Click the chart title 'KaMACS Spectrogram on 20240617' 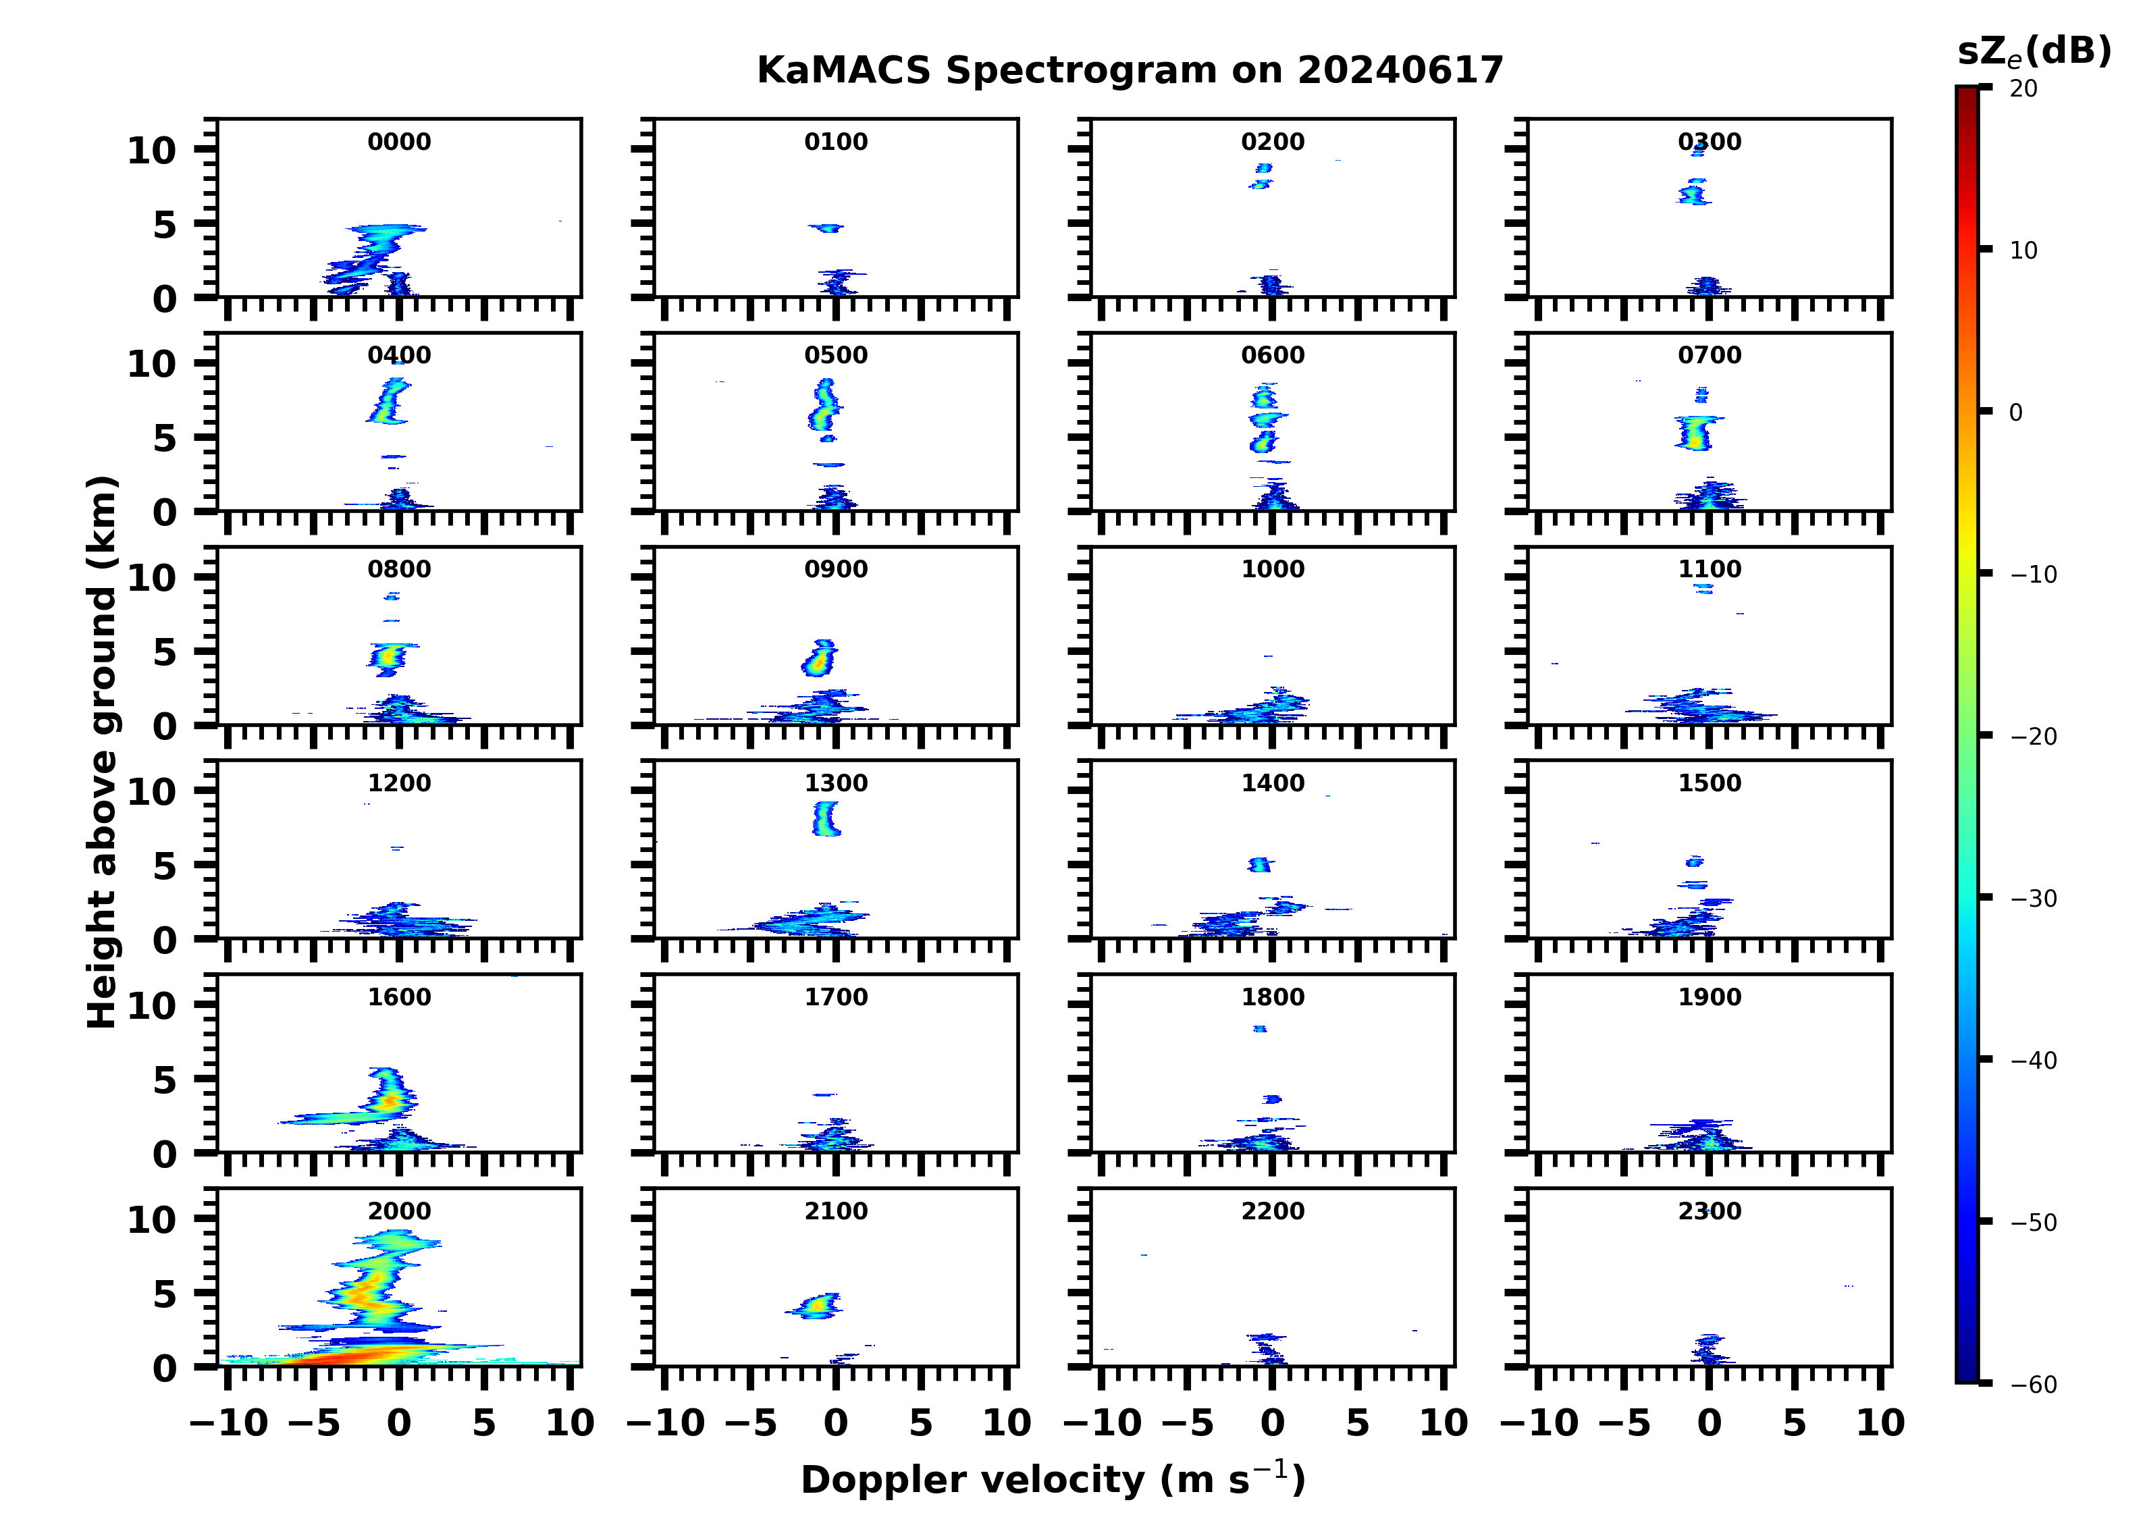click(1130, 71)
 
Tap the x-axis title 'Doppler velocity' click(1053, 1479)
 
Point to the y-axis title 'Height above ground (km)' click(102, 752)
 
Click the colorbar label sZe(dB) click(2034, 52)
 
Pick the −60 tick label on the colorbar click(2034, 1385)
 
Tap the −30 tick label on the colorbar click(2034, 899)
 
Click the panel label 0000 click(399, 142)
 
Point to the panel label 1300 click(836, 783)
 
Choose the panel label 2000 click(399, 1211)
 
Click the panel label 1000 click(1272, 569)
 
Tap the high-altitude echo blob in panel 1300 click(826, 818)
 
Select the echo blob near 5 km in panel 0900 click(819, 658)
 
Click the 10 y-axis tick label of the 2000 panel click(151, 1220)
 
